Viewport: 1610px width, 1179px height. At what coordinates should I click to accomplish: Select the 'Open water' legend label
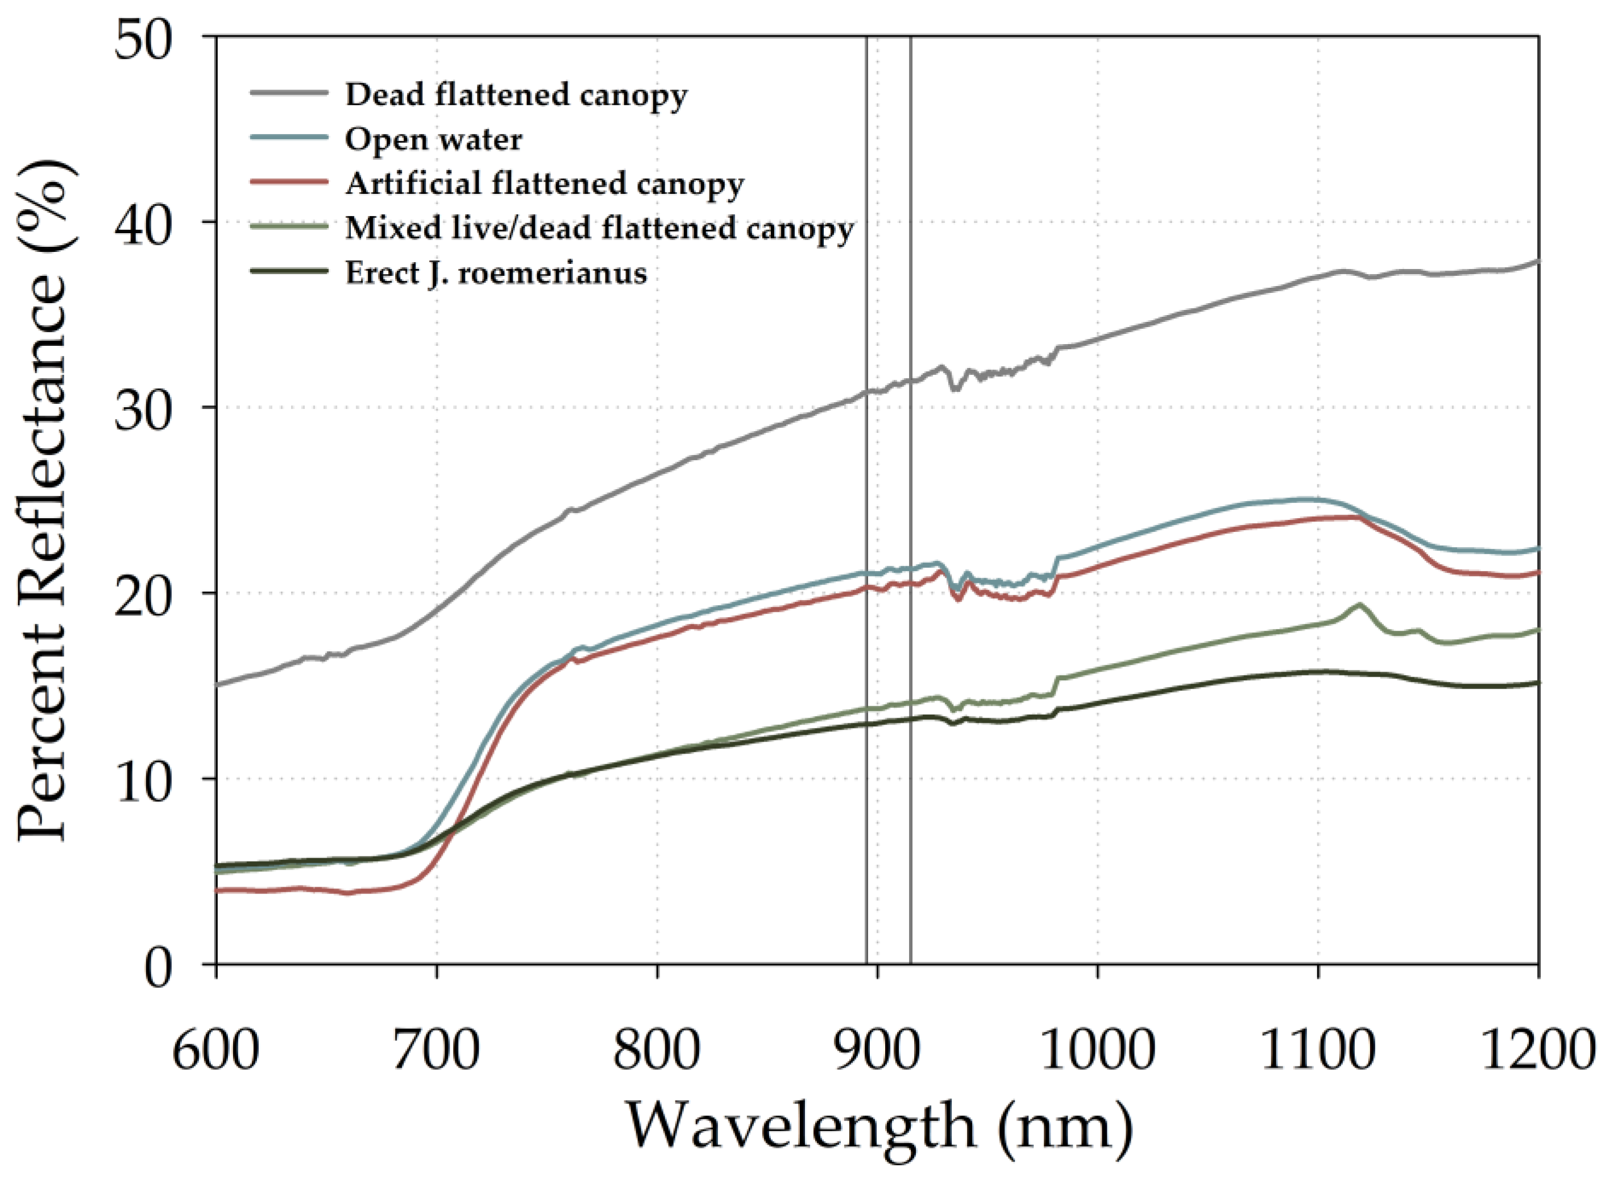pos(433,140)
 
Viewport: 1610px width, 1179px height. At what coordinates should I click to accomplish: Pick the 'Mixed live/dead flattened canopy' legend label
pos(599,229)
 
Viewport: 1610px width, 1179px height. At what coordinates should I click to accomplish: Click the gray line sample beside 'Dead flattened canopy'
pos(289,92)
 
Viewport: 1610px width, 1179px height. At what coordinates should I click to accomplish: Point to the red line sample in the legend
pos(289,181)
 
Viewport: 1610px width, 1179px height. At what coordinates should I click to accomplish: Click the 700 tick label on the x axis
pos(436,1050)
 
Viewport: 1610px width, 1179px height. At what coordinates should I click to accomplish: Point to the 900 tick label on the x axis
pos(877,1050)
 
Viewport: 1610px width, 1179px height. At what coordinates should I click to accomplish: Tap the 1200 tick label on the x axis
pos(1538,1050)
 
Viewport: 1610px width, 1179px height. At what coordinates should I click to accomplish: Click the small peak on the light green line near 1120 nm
pos(1359,605)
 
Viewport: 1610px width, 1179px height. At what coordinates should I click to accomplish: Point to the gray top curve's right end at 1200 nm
pos(1537,261)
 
